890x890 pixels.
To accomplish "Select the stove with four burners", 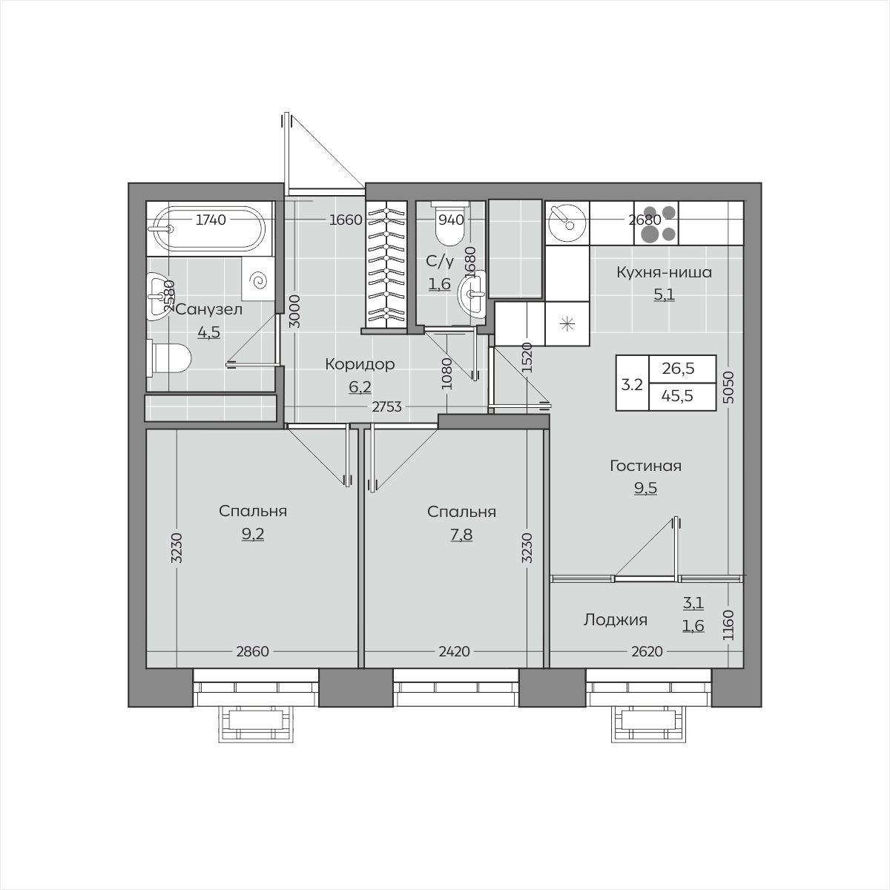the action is [x=656, y=223].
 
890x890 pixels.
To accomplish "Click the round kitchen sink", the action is [x=568, y=223].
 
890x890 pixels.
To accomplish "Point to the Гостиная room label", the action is [x=645, y=466].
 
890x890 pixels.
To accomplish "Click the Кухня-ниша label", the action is [x=664, y=272].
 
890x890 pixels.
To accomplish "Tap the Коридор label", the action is [x=360, y=364].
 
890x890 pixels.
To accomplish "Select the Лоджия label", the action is [x=615, y=620].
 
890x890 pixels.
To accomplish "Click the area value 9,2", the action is [x=253, y=534].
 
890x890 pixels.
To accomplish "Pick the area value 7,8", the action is [x=461, y=534].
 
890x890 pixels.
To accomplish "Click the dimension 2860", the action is [x=252, y=652].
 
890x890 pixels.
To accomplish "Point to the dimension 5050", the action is [x=728, y=387].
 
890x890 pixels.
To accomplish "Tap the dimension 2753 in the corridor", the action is [x=386, y=407].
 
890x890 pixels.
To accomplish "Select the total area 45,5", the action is [x=678, y=396].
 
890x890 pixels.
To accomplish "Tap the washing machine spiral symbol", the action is [x=257, y=280].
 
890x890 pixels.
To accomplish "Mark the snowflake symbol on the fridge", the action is [x=567, y=324].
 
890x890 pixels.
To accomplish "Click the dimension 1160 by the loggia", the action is [x=728, y=625].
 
